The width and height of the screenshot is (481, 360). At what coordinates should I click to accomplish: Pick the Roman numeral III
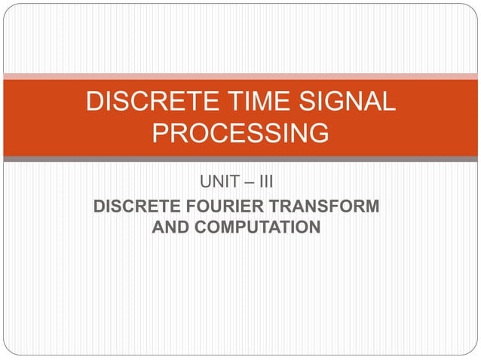point(270,182)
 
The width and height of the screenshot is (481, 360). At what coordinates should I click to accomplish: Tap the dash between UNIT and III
point(249,182)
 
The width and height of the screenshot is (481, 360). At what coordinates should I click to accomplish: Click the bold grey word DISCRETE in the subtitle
point(131,206)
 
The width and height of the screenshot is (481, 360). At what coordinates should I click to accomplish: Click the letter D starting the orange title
point(94,102)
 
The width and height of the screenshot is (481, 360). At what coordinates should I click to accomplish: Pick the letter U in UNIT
point(204,182)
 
